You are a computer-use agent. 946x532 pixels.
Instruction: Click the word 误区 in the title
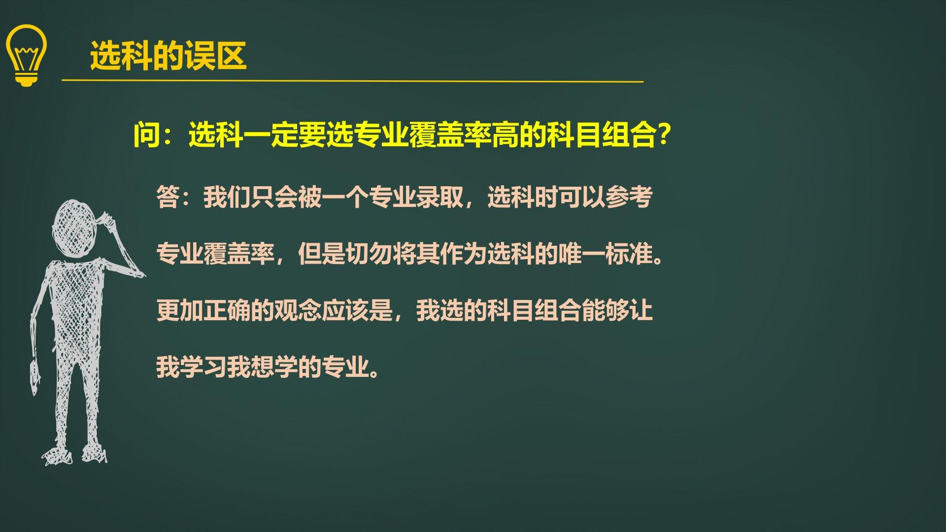(215, 55)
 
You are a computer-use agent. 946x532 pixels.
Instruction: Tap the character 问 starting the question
(147, 134)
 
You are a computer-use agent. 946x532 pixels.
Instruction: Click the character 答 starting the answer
(168, 198)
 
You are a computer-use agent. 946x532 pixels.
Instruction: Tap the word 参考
(629, 198)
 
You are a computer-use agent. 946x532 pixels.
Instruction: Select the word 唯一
(582, 254)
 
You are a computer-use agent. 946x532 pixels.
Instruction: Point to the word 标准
(629, 254)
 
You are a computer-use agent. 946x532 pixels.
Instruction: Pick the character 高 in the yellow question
(505, 134)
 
